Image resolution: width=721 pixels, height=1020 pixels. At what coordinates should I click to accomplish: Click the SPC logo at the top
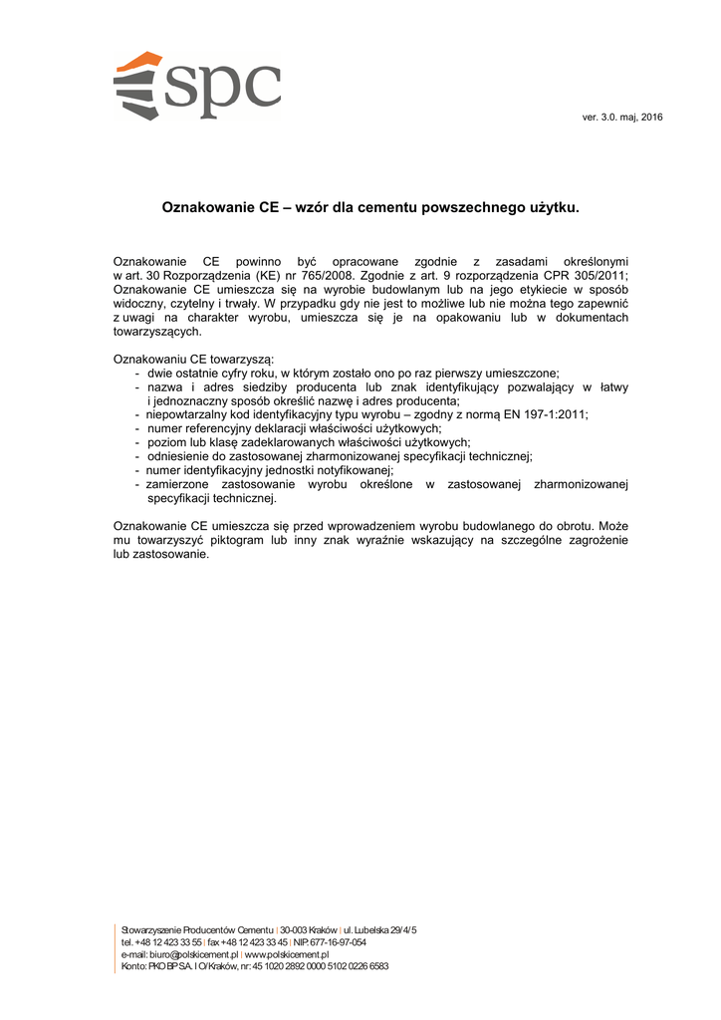tap(196, 86)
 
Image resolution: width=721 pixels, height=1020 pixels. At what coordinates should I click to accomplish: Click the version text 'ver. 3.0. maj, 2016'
tap(622, 119)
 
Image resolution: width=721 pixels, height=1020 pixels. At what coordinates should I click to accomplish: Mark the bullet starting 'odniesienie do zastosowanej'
tap(340, 456)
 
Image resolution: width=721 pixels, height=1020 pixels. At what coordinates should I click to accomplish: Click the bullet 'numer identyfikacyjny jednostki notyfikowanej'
tap(270, 470)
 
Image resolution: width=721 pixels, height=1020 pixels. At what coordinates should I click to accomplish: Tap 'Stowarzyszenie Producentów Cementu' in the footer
tap(197, 929)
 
